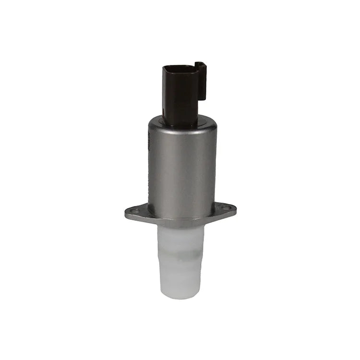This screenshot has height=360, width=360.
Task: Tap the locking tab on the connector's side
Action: click(201, 81)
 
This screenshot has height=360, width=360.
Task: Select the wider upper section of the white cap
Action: click(180, 238)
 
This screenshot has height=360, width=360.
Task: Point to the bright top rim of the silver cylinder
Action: click(182, 119)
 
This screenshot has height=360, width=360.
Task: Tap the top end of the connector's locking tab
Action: click(200, 63)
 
